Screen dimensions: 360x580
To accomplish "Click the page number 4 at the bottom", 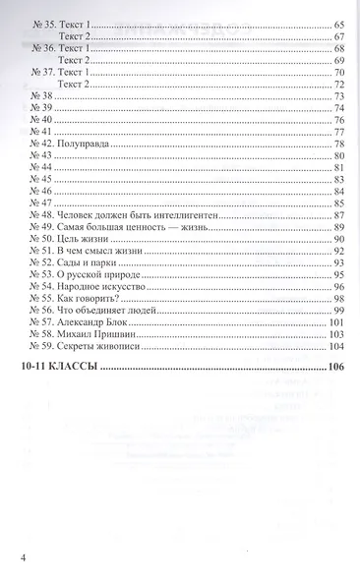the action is click(x=21, y=558).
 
